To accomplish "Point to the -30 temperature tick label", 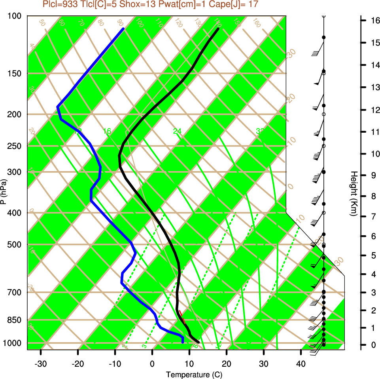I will pyautogui.click(x=41, y=363).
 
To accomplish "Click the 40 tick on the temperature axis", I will pyautogui.click(x=301, y=363).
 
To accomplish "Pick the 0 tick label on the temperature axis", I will pyautogui.click(x=152, y=363).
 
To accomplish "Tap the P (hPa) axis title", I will pyautogui.click(x=4, y=192).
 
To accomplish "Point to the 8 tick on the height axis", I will pyautogui.click(x=372, y=196).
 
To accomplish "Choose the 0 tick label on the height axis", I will pyautogui.click(x=372, y=345).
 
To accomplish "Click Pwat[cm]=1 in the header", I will pyautogui.click(x=180, y=5).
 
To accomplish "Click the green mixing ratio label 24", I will pyautogui.click(x=177, y=131).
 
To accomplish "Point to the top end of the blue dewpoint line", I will pyautogui.click(x=123, y=29).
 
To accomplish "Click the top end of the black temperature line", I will pyautogui.click(x=218, y=29).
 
